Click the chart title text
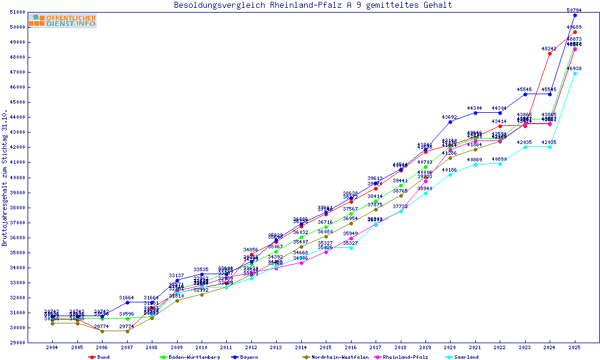pos(313,5)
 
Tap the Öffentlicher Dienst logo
pos(62,21)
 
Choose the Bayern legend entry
pos(248,357)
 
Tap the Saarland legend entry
pos(466,357)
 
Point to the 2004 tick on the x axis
pos(52,347)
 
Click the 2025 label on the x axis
pos(575,347)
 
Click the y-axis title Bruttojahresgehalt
pos(5,178)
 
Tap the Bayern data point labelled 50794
pos(575,15)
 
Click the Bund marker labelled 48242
pos(550,53)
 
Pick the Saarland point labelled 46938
pos(575,73)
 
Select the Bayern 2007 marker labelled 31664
pos(127,302)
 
